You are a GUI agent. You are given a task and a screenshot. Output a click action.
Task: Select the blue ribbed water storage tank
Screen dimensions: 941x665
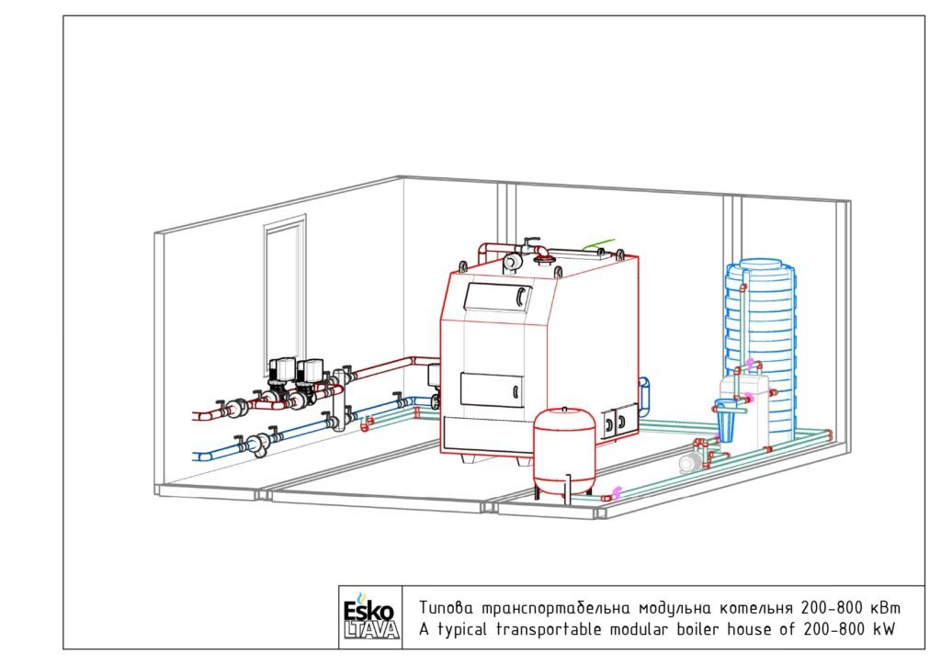(x=761, y=348)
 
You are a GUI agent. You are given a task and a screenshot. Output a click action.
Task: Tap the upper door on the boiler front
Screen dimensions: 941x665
(x=497, y=298)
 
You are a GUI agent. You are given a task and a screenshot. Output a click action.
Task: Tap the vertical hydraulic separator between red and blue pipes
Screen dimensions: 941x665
(x=341, y=400)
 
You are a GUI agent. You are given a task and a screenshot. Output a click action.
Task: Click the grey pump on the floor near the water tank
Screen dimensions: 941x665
(x=690, y=462)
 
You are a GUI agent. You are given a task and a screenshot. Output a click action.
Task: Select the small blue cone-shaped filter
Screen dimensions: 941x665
(x=726, y=423)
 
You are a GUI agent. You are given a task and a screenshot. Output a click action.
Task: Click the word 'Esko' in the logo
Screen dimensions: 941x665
(x=368, y=611)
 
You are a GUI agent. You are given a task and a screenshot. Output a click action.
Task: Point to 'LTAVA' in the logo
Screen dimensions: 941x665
(x=371, y=629)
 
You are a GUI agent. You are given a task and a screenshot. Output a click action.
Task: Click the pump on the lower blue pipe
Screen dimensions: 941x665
(x=258, y=445)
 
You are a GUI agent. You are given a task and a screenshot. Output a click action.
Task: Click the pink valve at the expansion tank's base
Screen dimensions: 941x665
(x=614, y=493)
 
